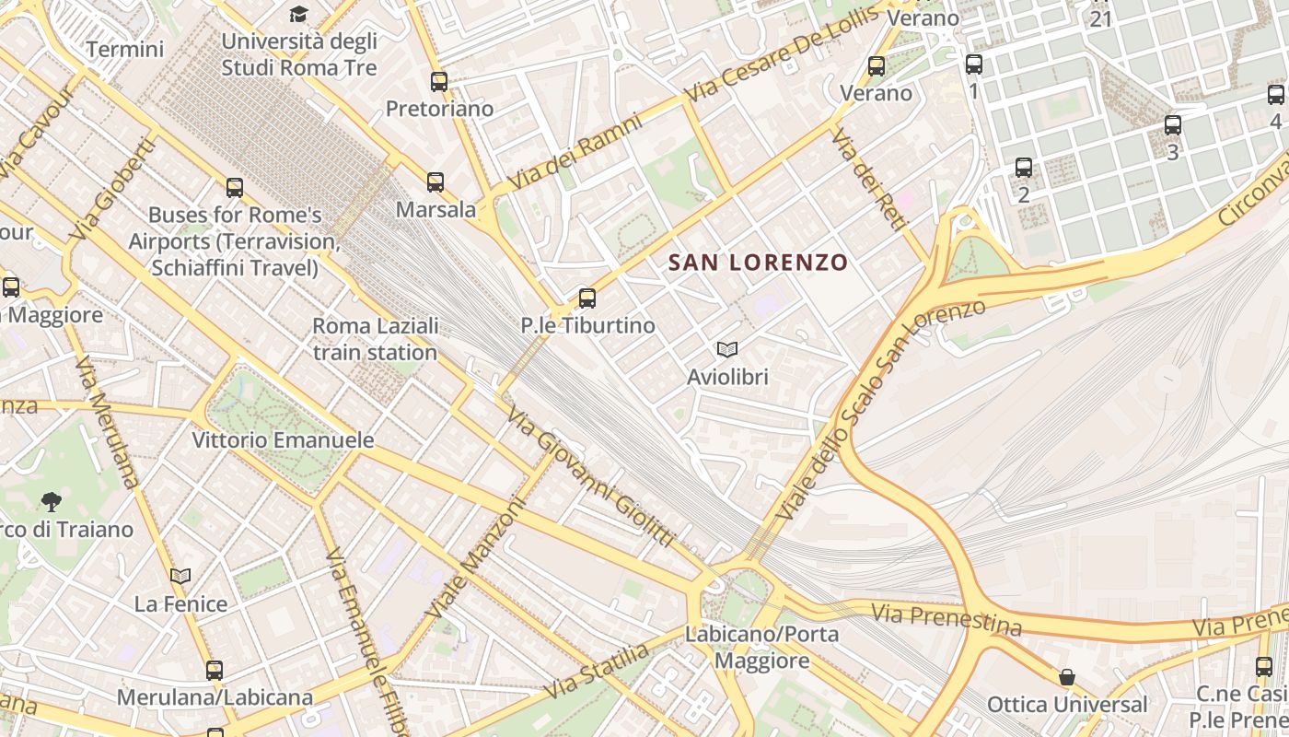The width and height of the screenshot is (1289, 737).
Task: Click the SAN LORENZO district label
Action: pyautogui.click(x=758, y=263)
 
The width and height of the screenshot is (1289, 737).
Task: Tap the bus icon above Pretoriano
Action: pyautogui.click(x=439, y=82)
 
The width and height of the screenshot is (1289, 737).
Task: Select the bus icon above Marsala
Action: pyautogui.click(x=435, y=182)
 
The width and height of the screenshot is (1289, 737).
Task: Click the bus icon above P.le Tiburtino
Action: pyautogui.click(x=587, y=298)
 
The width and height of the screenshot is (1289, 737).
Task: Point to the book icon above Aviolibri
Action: pyautogui.click(x=727, y=350)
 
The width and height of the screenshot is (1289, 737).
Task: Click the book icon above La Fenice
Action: pyautogui.click(x=180, y=577)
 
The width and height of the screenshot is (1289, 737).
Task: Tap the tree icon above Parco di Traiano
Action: pyautogui.click(x=52, y=502)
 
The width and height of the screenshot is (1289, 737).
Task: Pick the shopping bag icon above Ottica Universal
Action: pyautogui.click(x=1066, y=678)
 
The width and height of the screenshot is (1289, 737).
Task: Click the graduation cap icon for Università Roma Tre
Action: pyautogui.click(x=298, y=14)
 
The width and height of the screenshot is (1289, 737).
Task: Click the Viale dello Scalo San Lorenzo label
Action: pyautogui.click(x=879, y=410)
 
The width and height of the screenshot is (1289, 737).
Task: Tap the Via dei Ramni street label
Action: pyautogui.click(x=575, y=152)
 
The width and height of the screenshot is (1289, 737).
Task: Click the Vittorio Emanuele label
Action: pyautogui.click(x=283, y=440)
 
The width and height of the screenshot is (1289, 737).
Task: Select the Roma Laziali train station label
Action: pyautogui.click(x=375, y=339)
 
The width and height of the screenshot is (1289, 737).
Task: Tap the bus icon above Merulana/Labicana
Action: pyautogui.click(x=215, y=671)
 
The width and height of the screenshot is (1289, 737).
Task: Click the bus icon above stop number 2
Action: pyautogui.click(x=1024, y=168)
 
